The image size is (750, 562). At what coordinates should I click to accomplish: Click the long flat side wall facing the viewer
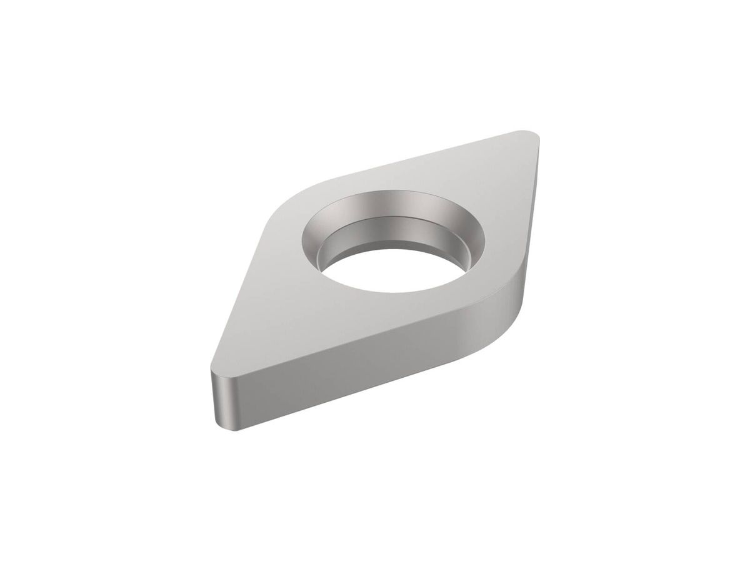[x=369, y=362]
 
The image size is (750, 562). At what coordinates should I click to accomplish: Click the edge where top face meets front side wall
[x=369, y=336]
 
